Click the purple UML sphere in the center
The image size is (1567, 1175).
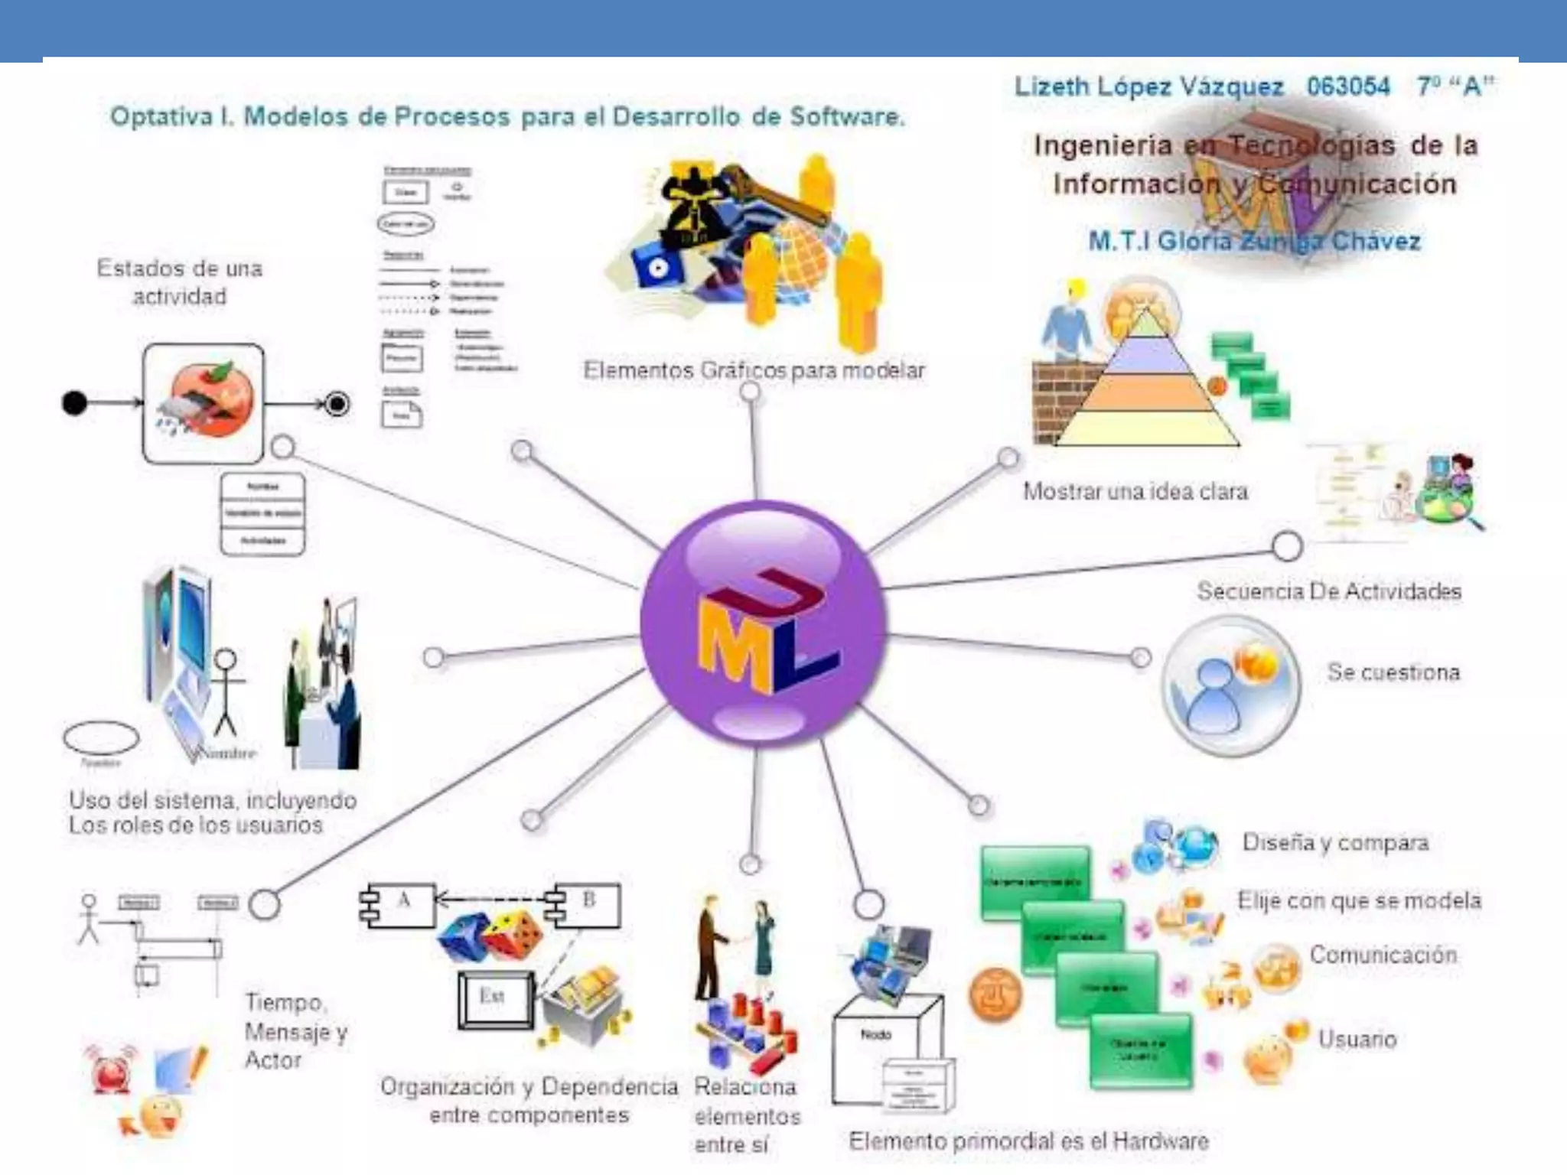[764, 621]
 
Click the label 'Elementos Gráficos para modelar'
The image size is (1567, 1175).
[754, 370]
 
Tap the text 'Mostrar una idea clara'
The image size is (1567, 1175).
[1135, 491]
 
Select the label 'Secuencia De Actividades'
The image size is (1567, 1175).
[1329, 591]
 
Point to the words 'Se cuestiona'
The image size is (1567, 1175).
[1393, 672]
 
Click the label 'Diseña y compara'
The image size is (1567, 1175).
[1335, 842]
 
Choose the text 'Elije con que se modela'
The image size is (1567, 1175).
[1359, 900]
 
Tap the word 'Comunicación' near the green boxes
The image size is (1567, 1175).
[1383, 955]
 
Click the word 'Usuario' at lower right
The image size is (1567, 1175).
[1357, 1039]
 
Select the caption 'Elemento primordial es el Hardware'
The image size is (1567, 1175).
[1028, 1141]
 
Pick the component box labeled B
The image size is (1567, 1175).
[588, 904]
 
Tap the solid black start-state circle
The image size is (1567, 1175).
[74, 402]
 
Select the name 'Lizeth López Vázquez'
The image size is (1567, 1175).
[1148, 86]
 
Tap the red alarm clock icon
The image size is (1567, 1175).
[110, 1069]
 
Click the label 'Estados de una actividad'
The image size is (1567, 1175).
[179, 282]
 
